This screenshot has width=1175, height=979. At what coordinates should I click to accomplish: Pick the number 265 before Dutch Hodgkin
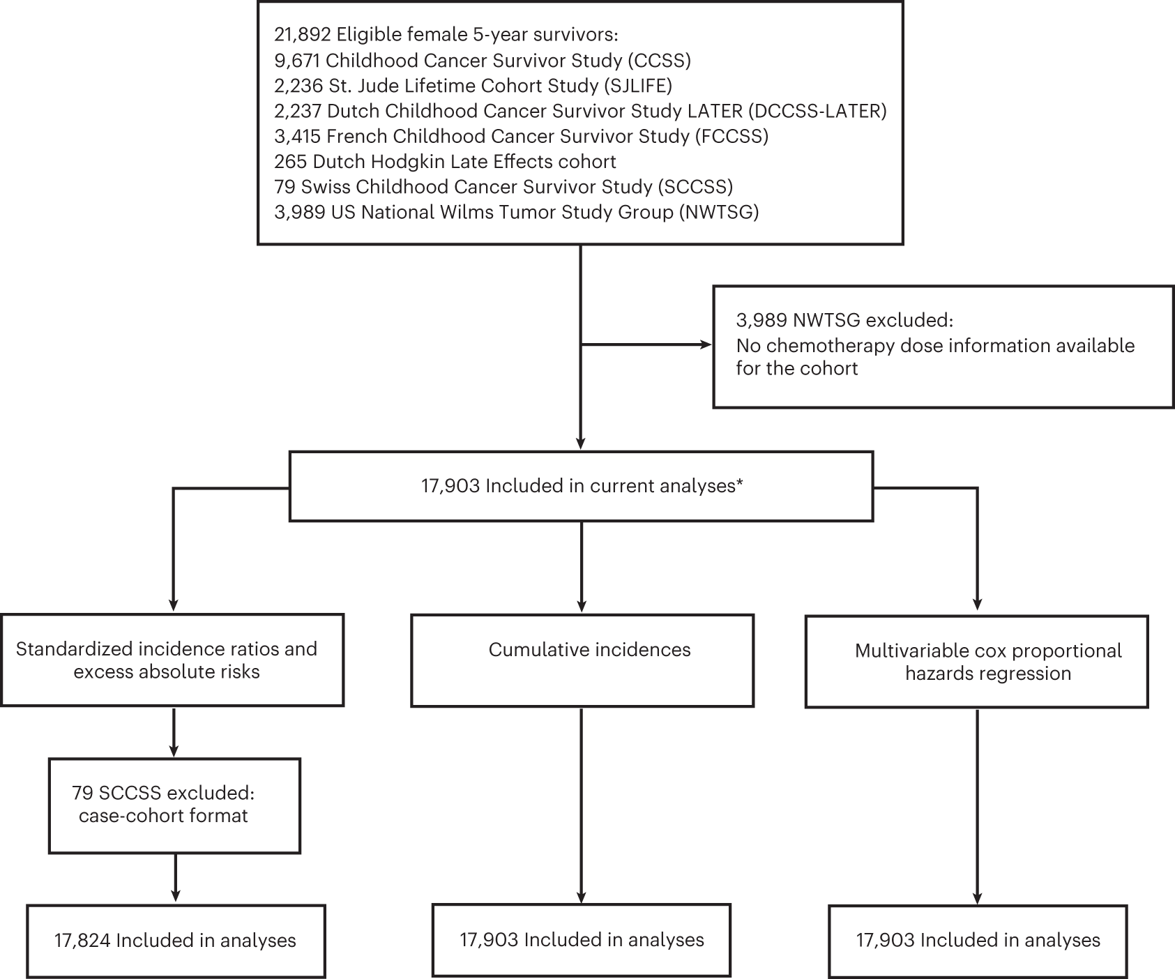click(x=291, y=162)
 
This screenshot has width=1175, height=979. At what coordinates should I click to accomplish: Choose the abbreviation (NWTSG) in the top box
click(x=719, y=212)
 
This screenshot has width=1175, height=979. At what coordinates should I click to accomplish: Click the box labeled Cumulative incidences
click(x=582, y=660)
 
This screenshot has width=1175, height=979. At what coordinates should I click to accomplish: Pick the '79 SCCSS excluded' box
click(x=174, y=805)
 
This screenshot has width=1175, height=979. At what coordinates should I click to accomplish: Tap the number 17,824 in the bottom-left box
click(x=82, y=941)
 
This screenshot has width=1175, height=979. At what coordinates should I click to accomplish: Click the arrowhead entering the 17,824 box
click(x=175, y=897)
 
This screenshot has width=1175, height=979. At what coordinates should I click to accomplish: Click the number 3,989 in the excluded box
click(x=761, y=320)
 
